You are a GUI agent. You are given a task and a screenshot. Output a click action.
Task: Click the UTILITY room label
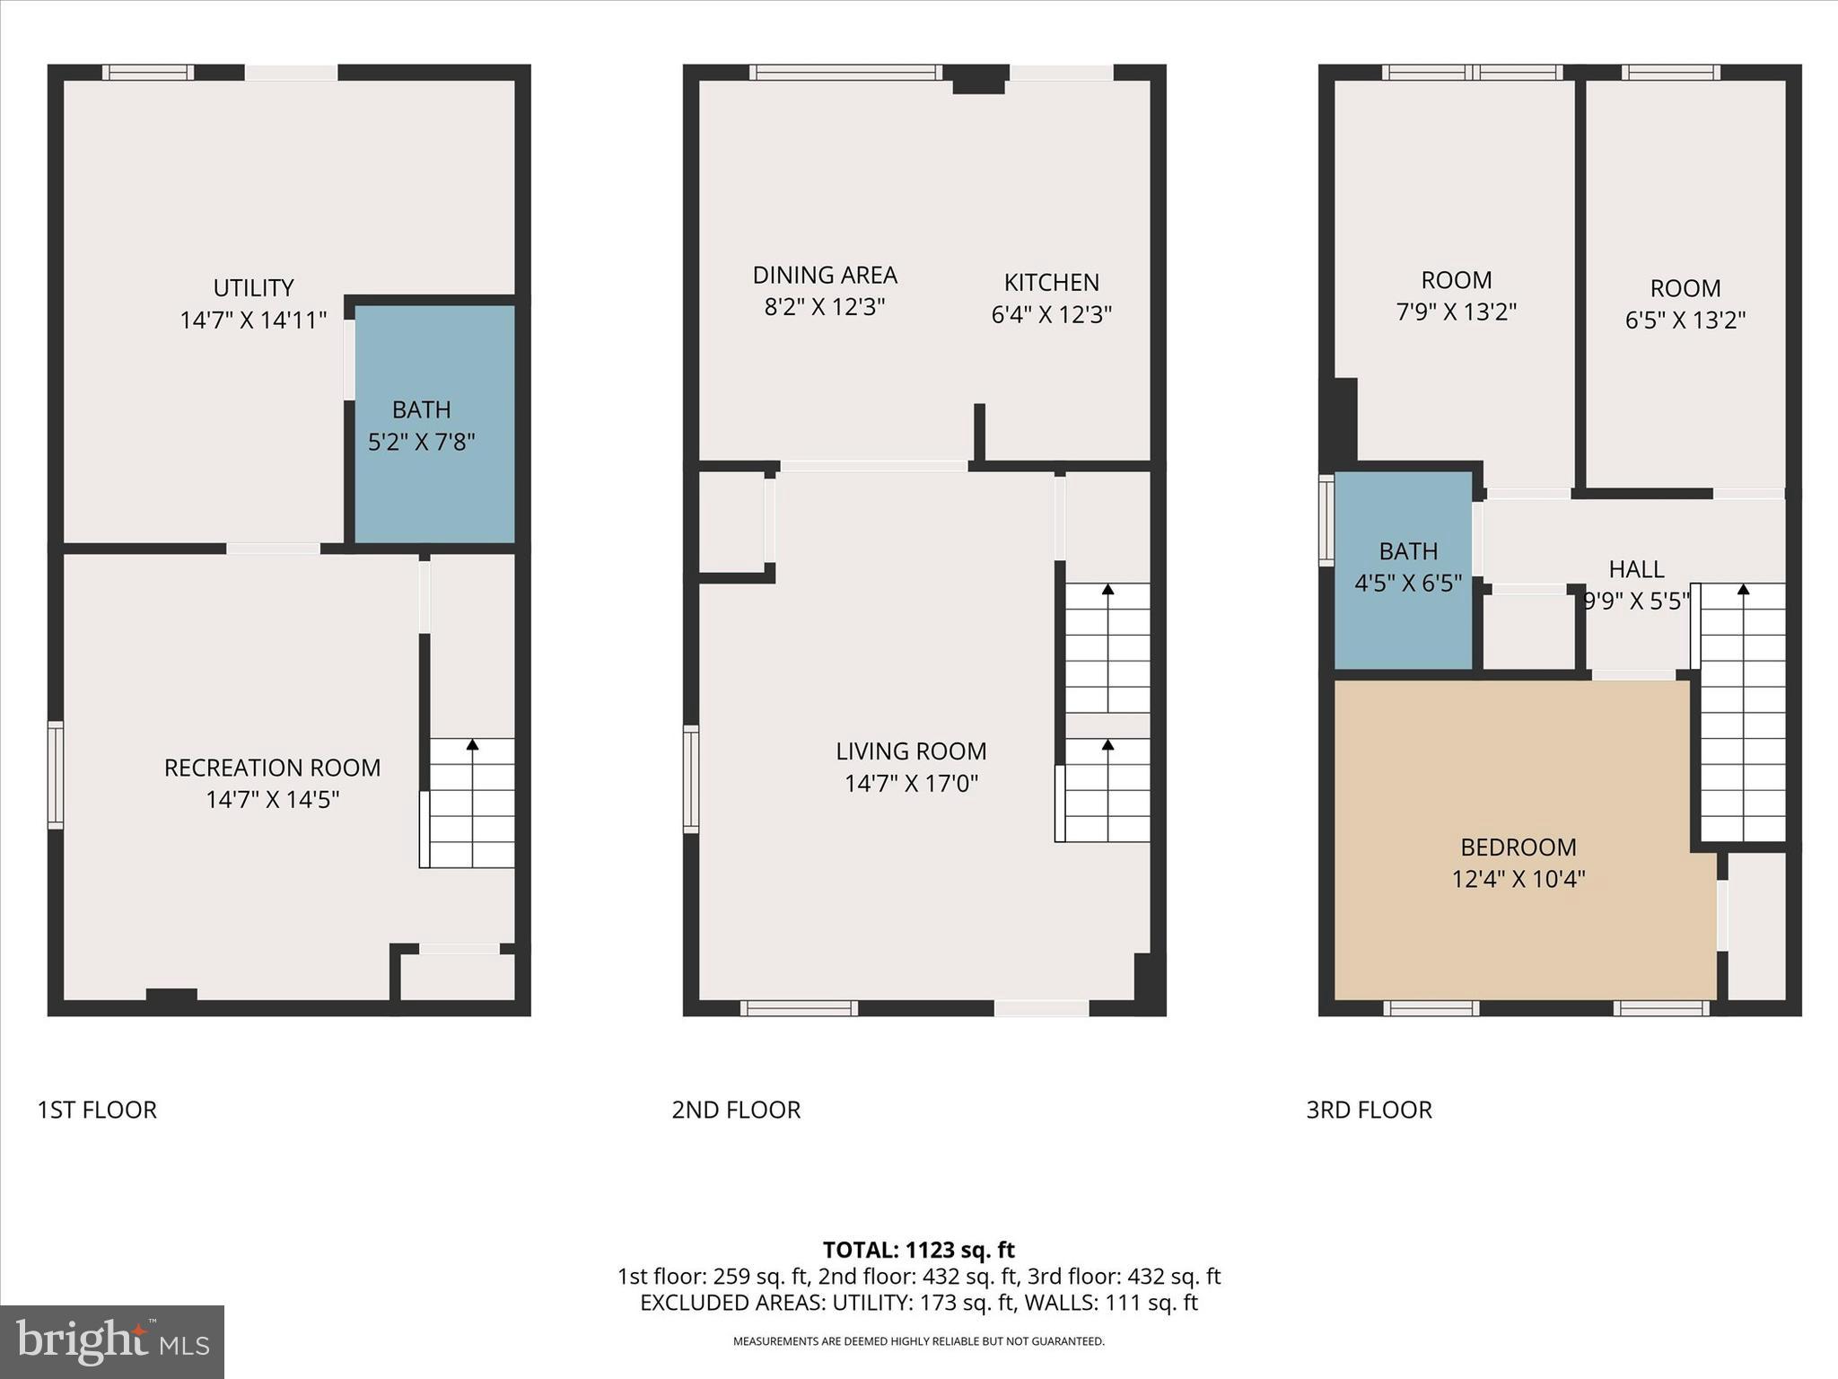click(x=253, y=288)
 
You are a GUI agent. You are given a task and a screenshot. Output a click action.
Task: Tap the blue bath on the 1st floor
click(x=434, y=425)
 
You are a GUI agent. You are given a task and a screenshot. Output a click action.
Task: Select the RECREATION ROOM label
click(x=272, y=768)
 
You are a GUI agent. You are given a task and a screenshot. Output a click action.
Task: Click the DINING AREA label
click(x=825, y=275)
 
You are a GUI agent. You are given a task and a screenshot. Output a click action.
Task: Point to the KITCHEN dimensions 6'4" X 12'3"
click(x=1051, y=314)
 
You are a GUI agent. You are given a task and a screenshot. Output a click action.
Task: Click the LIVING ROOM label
click(x=911, y=751)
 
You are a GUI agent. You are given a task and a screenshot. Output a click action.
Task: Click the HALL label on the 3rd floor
click(x=1636, y=569)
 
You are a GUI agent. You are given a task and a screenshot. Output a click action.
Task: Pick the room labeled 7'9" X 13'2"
click(x=1456, y=296)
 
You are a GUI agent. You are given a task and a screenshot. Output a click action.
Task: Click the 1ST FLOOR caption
click(x=97, y=1110)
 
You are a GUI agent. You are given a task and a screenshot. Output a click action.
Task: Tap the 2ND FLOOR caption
click(x=736, y=1110)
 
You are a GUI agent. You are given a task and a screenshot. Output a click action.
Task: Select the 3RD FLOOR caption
click(x=1369, y=1110)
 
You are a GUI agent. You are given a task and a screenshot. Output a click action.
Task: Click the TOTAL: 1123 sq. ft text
click(x=918, y=1250)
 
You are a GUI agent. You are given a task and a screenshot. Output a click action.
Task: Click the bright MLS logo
click(x=111, y=1341)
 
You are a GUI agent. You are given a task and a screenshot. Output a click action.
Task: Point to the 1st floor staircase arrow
click(x=472, y=744)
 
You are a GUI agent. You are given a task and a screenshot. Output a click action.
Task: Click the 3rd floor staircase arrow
click(x=1743, y=590)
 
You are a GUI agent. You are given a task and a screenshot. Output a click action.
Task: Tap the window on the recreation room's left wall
click(x=56, y=775)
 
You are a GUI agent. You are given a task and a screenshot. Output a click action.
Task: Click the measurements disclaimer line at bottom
click(x=918, y=1341)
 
